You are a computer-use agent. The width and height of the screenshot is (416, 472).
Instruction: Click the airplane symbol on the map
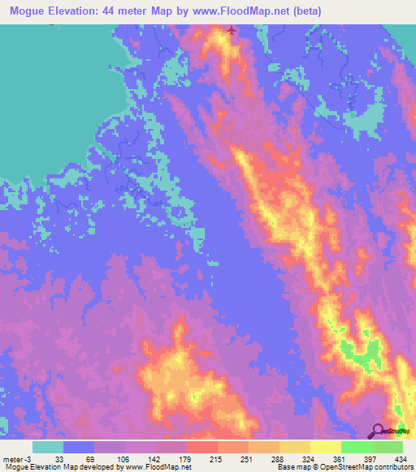(233, 32)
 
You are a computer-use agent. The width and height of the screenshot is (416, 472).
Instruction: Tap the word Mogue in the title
(30, 11)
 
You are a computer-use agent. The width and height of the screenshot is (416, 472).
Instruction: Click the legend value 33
(63, 459)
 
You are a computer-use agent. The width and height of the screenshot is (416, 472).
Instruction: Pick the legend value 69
(93, 459)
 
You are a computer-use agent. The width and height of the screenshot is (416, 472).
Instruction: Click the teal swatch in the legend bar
(48, 447)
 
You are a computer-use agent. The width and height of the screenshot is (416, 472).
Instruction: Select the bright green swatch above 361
(356, 447)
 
